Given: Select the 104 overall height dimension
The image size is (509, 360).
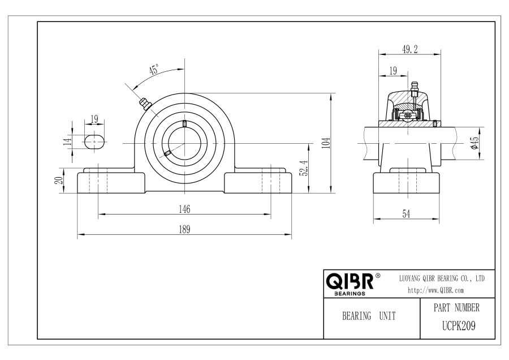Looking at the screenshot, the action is [x=327, y=143].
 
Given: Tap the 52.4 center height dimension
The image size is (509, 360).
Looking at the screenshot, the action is [x=305, y=168].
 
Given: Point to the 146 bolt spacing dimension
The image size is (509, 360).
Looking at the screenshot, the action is [x=184, y=209].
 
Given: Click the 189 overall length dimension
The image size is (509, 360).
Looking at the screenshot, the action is [x=184, y=229].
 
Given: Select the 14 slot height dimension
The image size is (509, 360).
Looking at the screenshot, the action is [x=68, y=142].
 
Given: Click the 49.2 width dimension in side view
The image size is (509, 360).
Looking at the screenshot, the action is [x=409, y=49].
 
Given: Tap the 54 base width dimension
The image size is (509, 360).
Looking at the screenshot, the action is [x=406, y=214].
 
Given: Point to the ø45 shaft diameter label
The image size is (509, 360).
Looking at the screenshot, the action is [x=475, y=143].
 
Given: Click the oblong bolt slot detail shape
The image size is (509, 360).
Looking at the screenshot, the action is [x=94, y=142].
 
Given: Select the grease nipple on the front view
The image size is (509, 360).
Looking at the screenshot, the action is [x=145, y=104].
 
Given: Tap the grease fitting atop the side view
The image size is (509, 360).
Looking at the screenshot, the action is [x=414, y=89].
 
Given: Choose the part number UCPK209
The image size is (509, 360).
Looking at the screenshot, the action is [x=459, y=325].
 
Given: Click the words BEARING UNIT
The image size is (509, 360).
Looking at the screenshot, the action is [x=369, y=316].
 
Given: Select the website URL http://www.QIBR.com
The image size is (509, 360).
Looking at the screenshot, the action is [x=435, y=290].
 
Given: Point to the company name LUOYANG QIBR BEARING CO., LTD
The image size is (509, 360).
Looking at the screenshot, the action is [x=442, y=278].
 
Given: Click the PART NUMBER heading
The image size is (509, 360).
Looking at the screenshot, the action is [x=456, y=307].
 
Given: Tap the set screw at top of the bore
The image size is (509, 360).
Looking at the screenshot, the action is [x=184, y=123].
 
